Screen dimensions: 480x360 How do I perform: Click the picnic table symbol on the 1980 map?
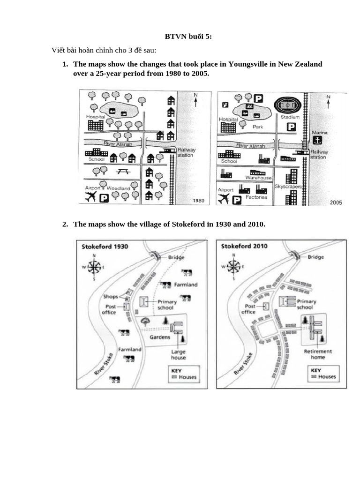point(123,172)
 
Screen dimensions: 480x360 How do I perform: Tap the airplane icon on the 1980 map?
point(91,196)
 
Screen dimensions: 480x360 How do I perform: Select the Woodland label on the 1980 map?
point(119,188)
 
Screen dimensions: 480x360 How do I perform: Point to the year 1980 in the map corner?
point(199,201)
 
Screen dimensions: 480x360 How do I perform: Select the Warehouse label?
point(258,178)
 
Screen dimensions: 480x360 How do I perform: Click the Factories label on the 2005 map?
point(256,197)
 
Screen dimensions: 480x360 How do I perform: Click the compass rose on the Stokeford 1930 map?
point(94,267)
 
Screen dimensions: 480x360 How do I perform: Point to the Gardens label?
point(159,338)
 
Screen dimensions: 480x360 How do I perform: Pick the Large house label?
point(178,355)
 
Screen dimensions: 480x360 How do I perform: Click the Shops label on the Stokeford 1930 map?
point(110,296)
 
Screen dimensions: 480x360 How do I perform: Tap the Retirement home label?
point(318,354)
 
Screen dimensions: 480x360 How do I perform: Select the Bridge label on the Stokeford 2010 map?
point(316,257)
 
